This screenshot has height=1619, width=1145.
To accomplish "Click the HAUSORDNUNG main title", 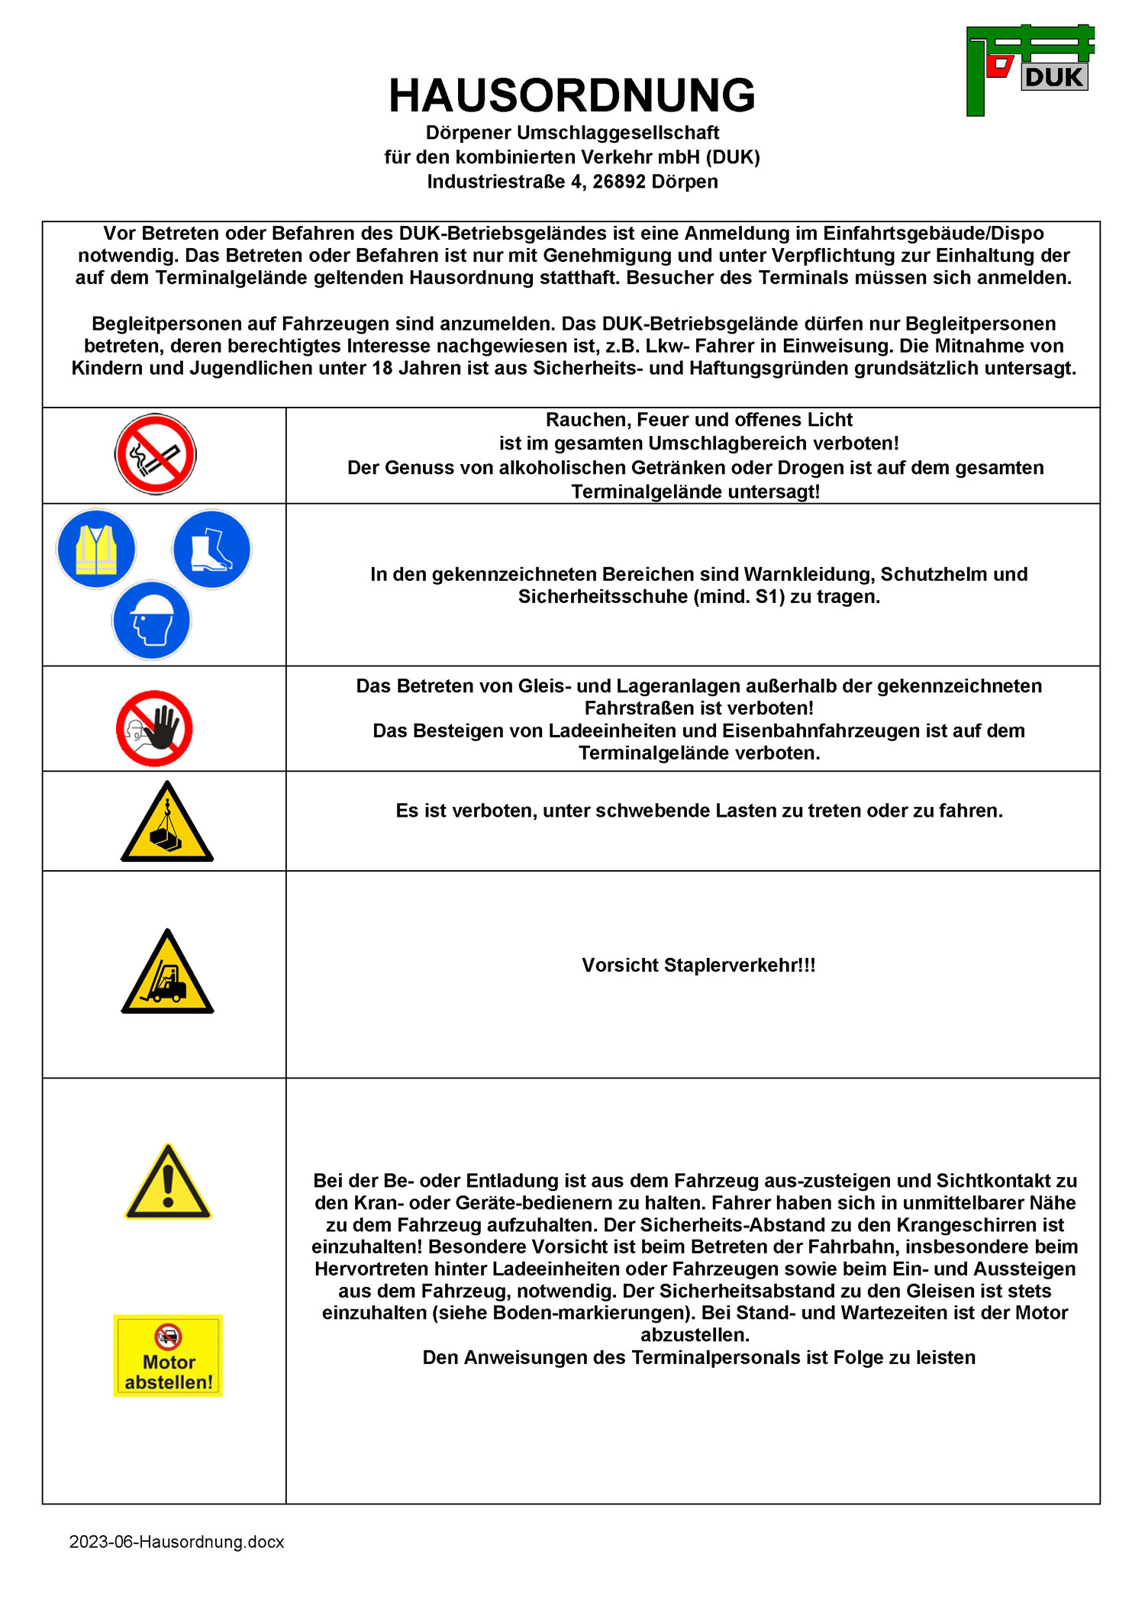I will (x=572, y=95).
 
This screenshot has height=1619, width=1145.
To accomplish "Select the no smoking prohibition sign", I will (x=156, y=454).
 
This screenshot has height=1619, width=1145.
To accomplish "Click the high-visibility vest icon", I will (x=96, y=549).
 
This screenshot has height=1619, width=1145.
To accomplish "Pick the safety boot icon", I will (x=211, y=550).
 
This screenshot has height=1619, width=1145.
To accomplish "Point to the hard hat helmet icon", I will (x=152, y=620).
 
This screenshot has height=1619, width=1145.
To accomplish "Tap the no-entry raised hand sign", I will (x=154, y=728).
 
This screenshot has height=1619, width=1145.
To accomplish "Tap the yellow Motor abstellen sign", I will (x=168, y=1356).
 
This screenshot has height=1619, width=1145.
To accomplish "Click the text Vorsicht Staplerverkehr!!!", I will (x=698, y=966).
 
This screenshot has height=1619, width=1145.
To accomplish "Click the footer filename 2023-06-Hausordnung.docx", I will (x=176, y=1542).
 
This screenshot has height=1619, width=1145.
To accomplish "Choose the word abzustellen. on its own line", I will (x=695, y=1335).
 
